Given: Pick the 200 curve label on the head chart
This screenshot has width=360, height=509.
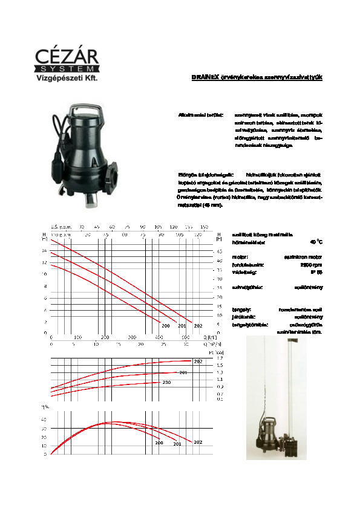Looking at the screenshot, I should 165,326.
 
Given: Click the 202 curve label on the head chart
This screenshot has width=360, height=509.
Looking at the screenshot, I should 198,326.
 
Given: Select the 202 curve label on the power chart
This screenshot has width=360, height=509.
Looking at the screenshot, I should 198,361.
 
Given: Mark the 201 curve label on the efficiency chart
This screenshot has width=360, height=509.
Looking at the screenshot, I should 177,444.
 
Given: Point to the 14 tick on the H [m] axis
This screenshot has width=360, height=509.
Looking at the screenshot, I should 44,262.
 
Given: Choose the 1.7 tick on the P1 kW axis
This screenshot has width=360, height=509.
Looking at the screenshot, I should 219,358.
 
